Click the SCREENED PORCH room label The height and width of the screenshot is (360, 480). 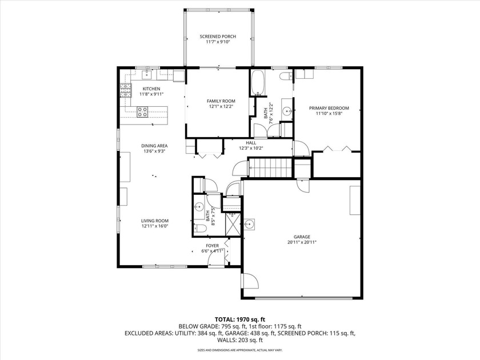pyautogui.click(x=217, y=37)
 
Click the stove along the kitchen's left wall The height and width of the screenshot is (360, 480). pyautogui.click(x=125, y=90)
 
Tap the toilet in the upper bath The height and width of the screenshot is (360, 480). pyautogui.click(x=284, y=76)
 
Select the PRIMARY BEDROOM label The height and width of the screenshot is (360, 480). pyautogui.click(x=329, y=107)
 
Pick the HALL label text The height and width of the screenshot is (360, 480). pyautogui.click(x=251, y=143)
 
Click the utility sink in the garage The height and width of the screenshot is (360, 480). pyautogui.click(x=249, y=225)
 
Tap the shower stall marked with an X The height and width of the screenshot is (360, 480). pyautogui.click(x=231, y=222)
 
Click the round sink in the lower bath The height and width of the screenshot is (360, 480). pyautogui.click(x=199, y=207)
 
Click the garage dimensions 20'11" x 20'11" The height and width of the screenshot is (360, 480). pyautogui.click(x=302, y=242)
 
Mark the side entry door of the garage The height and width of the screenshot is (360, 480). pyautogui.click(x=249, y=282)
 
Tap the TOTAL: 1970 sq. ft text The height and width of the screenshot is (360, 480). pyautogui.click(x=239, y=319)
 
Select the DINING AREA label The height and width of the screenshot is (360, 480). pyautogui.click(x=154, y=146)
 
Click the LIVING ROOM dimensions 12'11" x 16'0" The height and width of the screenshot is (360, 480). pyautogui.click(x=155, y=226)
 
